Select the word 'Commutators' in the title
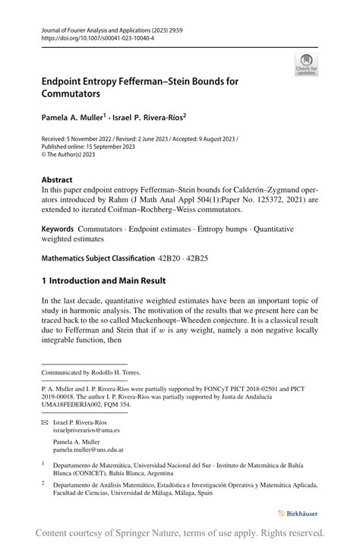(71, 94)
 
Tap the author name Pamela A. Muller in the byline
(72, 118)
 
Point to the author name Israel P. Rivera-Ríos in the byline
(151, 118)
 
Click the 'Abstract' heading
(58, 181)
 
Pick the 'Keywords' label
(58, 229)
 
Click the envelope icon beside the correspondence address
(45, 421)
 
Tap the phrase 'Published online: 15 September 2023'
(88, 147)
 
